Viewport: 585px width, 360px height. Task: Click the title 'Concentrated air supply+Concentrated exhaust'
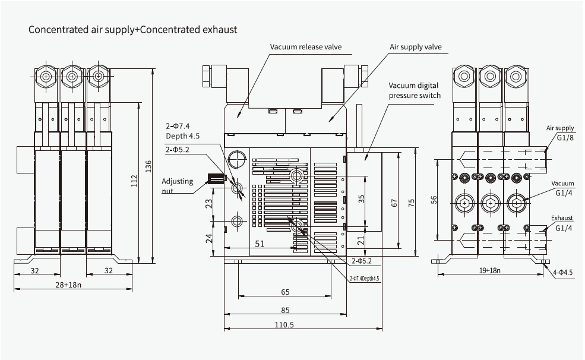(x=133, y=29)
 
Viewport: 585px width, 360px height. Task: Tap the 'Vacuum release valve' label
(x=306, y=47)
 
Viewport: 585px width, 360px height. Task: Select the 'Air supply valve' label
(x=415, y=46)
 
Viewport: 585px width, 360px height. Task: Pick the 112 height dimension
(x=134, y=181)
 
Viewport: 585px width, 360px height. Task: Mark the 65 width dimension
(x=285, y=292)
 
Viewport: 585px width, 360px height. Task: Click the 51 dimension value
(x=260, y=243)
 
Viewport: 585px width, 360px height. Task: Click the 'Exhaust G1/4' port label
(x=562, y=223)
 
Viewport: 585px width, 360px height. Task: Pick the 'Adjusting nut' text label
(x=178, y=186)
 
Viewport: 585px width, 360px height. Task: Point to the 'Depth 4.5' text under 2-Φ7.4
(x=182, y=135)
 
